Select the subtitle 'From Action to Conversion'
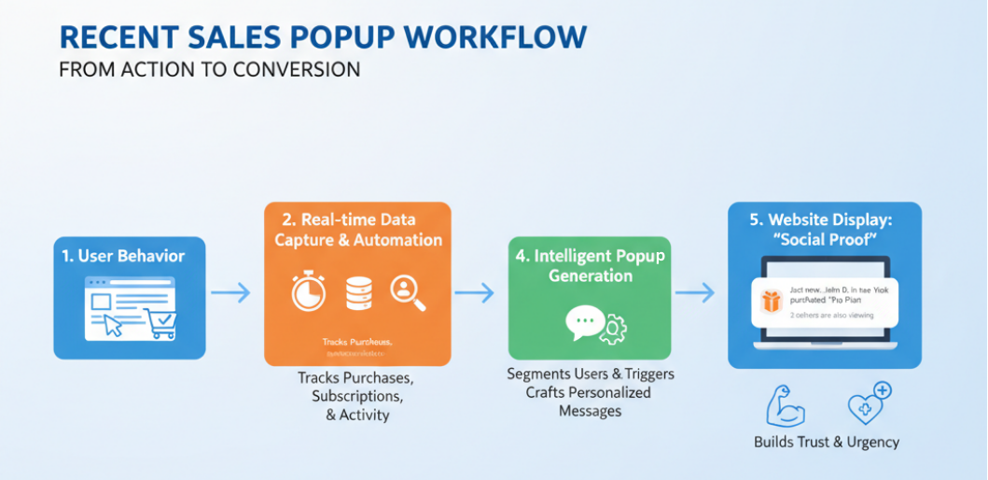pyautogui.click(x=209, y=70)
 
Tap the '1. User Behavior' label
pyautogui.click(x=131, y=256)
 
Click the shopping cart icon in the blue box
pyautogui.click(x=160, y=323)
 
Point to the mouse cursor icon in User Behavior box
pyautogui.click(x=114, y=324)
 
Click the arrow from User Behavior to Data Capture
pyautogui.click(x=230, y=293)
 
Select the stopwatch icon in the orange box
pyautogui.click(x=307, y=292)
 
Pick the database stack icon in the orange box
pyautogui.click(x=358, y=292)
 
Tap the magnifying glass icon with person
pyautogui.click(x=409, y=292)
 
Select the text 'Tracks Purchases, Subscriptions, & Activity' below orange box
pyautogui.click(x=356, y=396)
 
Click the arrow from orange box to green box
pyautogui.click(x=474, y=293)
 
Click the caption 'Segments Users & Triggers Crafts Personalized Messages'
pyautogui.click(x=591, y=392)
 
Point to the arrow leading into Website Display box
pyautogui.click(x=694, y=293)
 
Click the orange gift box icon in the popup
pyautogui.click(x=770, y=302)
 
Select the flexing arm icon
pyautogui.click(x=783, y=405)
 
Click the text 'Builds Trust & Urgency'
pyautogui.click(x=827, y=442)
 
